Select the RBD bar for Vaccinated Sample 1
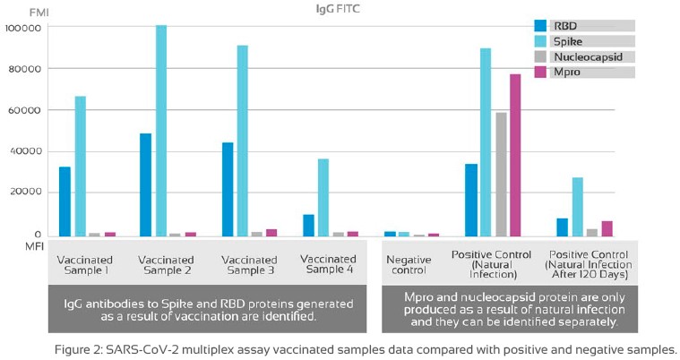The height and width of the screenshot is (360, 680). pos(65,201)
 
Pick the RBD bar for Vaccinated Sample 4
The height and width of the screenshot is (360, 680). pos(308,225)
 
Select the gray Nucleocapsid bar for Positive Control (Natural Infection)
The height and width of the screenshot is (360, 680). pos(500,174)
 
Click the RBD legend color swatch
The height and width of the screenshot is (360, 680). pos(540,25)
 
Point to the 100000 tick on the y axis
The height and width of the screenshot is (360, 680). pos(23,28)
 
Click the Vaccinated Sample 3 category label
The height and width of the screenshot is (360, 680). pos(247,263)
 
